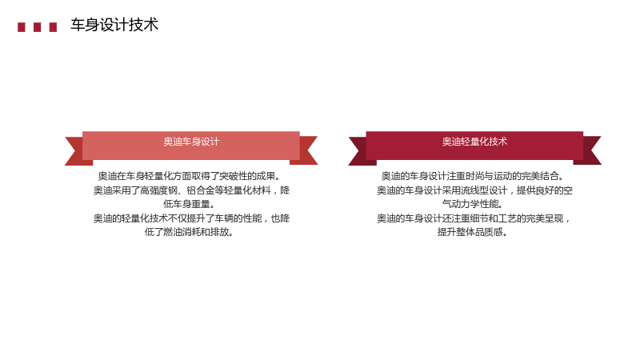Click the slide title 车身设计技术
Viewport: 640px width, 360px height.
click(x=114, y=25)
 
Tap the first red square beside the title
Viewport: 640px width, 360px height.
click(x=22, y=27)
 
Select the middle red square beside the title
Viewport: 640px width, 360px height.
click(x=37, y=27)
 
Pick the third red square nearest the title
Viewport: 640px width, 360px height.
click(x=53, y=27)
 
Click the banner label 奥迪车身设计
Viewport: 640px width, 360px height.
click(x=191, y=142)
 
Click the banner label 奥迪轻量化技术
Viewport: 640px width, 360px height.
click(x=474, y=142)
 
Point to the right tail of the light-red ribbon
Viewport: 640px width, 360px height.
click(x=306, y=150)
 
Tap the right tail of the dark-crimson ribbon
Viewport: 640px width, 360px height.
click(x=590, y=150)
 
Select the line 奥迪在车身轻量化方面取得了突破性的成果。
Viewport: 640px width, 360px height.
click(x=190, y=176)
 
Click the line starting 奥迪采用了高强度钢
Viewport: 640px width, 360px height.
click(x=191, y=190)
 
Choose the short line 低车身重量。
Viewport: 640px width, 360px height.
click(x=189, y=204)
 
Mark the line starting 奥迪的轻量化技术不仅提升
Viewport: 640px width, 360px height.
click(x=191, y=218)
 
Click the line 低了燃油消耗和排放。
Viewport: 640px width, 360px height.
click(x=189, y=232)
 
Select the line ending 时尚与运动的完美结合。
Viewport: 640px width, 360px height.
click(x=473, y=176)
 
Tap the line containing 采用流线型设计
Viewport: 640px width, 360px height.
click(x=474, y=190)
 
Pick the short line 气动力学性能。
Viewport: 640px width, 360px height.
click(x=472, y=204)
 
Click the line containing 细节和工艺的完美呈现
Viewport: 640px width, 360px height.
click(x=474, y=218)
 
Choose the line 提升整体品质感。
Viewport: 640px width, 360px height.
click(x=472, y=232)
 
